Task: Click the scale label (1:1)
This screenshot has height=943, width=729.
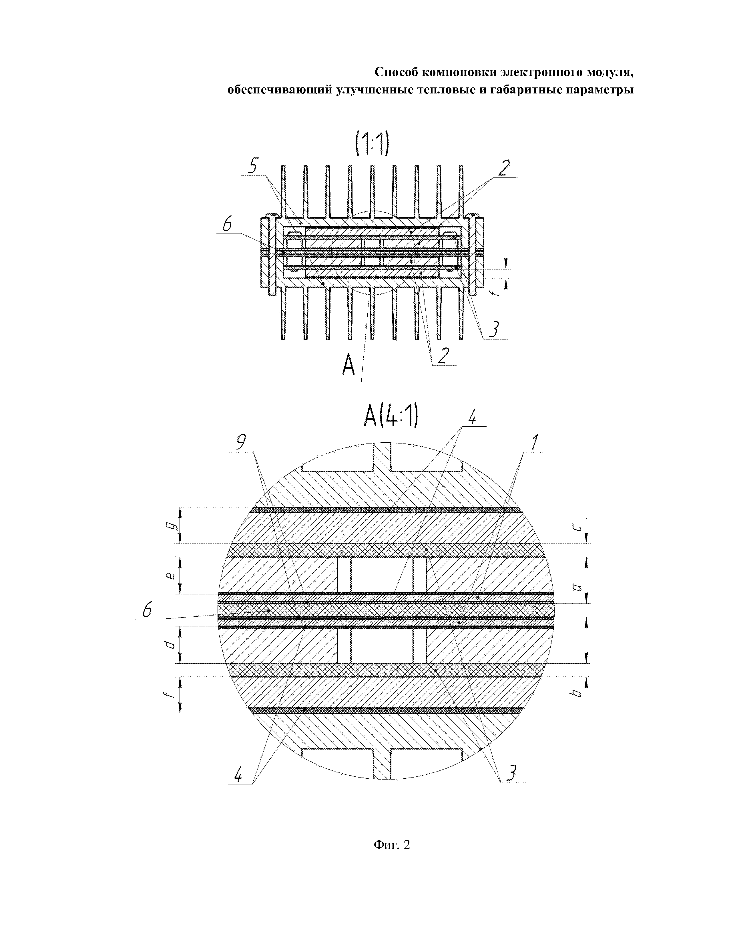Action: (x=372, y=144)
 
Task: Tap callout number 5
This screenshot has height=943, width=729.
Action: (x=255, y=165)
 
